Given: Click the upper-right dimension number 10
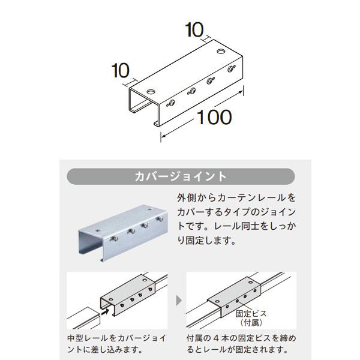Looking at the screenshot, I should (197, 28).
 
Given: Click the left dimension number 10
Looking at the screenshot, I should (121, 71).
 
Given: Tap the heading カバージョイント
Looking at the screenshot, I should (181, 176).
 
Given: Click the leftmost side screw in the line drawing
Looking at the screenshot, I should (172, 103).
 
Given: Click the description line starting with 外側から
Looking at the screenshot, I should (236, 197).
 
